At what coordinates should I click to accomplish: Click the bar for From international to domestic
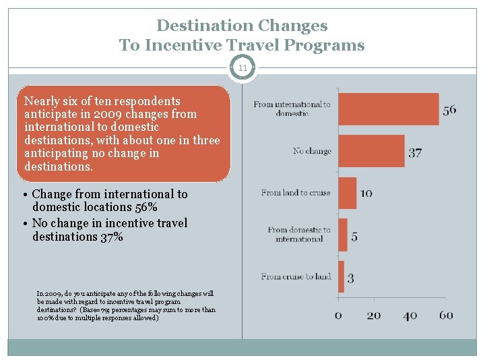point(388,109)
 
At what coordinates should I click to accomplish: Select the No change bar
point(371,151)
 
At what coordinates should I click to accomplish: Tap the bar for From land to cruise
point(347,193)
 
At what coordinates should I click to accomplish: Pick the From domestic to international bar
point(342,235)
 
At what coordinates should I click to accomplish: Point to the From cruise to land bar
point(341,276)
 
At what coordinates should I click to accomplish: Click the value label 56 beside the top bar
point(449,110)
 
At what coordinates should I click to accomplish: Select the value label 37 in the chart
point(415,152)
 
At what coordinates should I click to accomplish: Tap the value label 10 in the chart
point(366,193)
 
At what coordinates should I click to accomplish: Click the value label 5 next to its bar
point(354,237)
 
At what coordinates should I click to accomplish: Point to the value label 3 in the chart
point(351,278)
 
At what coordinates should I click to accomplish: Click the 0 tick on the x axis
point(338,315)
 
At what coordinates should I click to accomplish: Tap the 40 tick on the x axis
point(409,315)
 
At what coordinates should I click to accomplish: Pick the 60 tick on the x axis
point(445,315)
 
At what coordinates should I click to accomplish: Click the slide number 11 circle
point(242,68)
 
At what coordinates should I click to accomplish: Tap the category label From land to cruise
point(296,193)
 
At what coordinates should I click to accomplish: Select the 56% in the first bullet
point(142,208)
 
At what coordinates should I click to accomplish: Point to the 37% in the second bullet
point(108,237)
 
